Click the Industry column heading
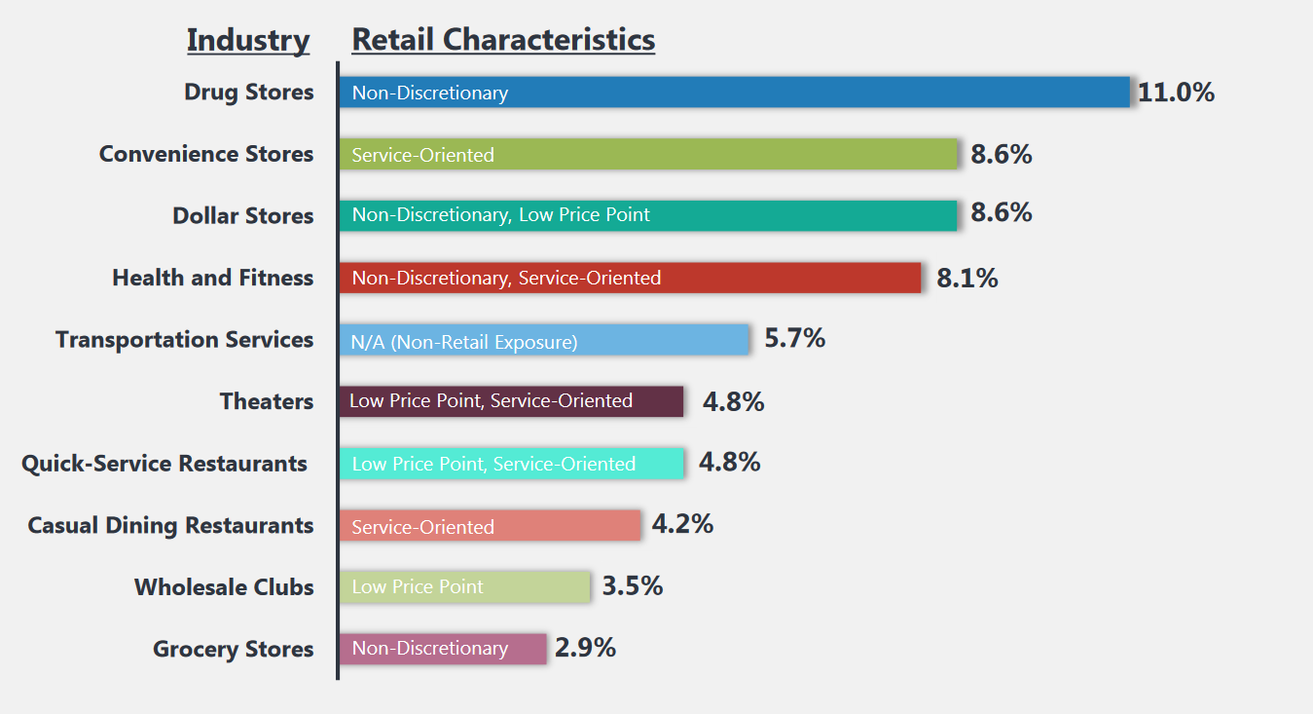click(248, 41)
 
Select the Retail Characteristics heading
click(503, 41)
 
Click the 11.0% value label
click(1176, 93)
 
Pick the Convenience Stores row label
click(206, 154)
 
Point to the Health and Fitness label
click(213, 278)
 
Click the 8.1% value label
click(967, 279)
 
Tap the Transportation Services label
click(185, 340)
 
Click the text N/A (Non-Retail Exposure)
click(464, 342)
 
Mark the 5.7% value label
click(794, 339)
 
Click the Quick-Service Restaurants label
click(164, 464)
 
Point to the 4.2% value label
click(682, 524)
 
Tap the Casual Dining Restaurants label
click(170, 526)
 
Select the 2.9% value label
click(585, 648)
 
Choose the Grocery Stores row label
click(234, 650)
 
